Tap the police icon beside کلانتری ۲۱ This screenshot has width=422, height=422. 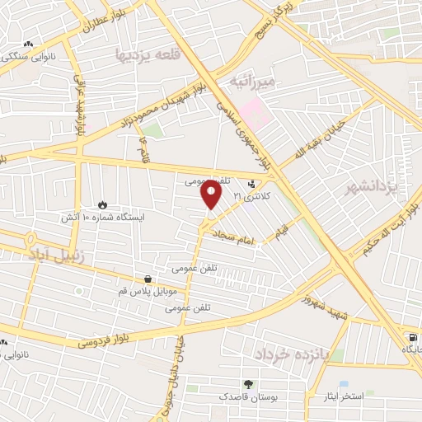[251, 184]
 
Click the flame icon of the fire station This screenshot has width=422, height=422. [102, 204]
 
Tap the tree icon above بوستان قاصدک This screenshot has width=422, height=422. [247, 384]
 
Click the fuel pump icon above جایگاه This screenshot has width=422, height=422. [412, 337]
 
